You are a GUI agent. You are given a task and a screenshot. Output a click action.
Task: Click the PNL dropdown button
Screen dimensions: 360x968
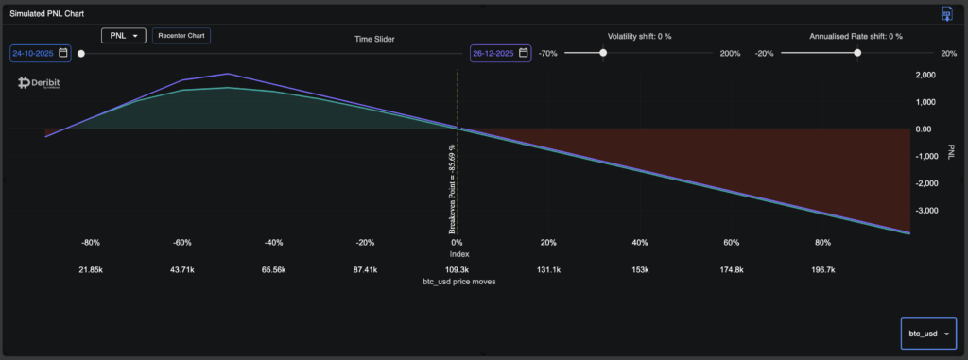(x=123, y=36)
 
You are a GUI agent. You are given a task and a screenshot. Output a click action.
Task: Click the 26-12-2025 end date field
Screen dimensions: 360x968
(x=500, y=53)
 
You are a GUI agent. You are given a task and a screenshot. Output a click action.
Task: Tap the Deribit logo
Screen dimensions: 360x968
(x=40, y=83)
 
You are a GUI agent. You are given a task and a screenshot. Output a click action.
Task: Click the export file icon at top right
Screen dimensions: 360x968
(x=945, y=13)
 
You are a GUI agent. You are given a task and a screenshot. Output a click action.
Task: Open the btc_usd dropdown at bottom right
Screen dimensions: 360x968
(x=928, y=334)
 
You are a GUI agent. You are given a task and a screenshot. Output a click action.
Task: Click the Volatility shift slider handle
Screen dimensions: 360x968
(x=603, y=53)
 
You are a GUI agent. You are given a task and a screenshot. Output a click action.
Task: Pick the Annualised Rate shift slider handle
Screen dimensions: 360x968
(x=857, y=53)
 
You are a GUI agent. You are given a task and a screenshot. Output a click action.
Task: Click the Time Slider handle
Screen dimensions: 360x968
(x=81, y=53)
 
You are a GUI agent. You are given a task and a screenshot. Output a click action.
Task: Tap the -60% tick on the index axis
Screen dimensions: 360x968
(x=182, y=243)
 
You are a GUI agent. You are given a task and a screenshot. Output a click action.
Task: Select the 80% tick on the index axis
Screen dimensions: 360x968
(x=822, y=243)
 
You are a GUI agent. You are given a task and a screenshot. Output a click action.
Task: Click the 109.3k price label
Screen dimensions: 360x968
(x=457, y=270)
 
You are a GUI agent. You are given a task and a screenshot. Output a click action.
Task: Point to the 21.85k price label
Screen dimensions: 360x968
(x=91, y=270)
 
